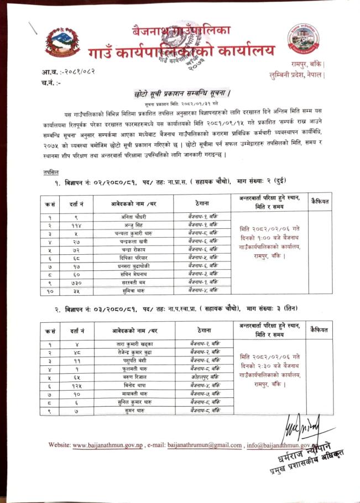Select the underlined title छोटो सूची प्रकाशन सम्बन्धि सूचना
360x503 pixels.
coord(182,93)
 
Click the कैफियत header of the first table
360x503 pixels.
coord(320,202)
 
